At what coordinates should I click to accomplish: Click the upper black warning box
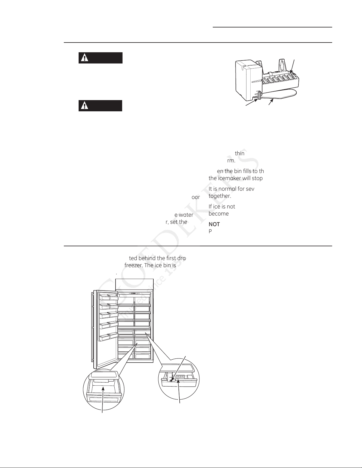coord(100,58)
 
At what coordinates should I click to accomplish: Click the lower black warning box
coord(100,106)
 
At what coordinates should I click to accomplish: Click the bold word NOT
coord(214,224)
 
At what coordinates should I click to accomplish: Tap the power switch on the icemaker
coord(259,95)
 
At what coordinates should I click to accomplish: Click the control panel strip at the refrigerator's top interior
coord(134,293)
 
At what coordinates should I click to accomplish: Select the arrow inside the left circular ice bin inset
coord(103,402)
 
